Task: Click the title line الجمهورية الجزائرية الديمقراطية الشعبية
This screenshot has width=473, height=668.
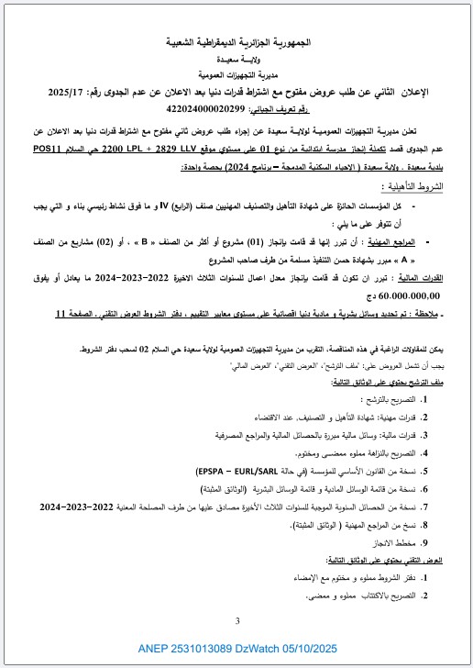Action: pos(236,43)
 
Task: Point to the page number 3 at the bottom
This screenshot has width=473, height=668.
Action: pos(236,622)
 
